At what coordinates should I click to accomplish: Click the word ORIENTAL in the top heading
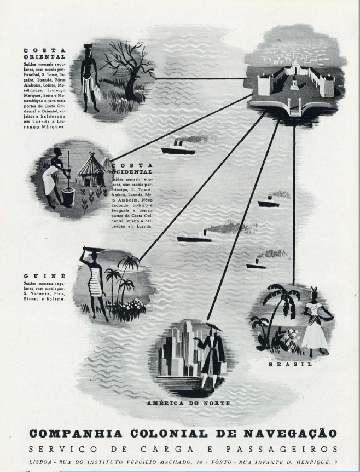click(44, 56)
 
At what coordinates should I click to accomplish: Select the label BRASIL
click(290, 364)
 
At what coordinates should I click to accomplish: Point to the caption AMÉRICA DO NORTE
click(188, 403)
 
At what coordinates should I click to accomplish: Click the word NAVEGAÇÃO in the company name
click(290, 433)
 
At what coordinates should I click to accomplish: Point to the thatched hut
click(91, 171)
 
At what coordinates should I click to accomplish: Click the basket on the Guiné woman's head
click(91, 250)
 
